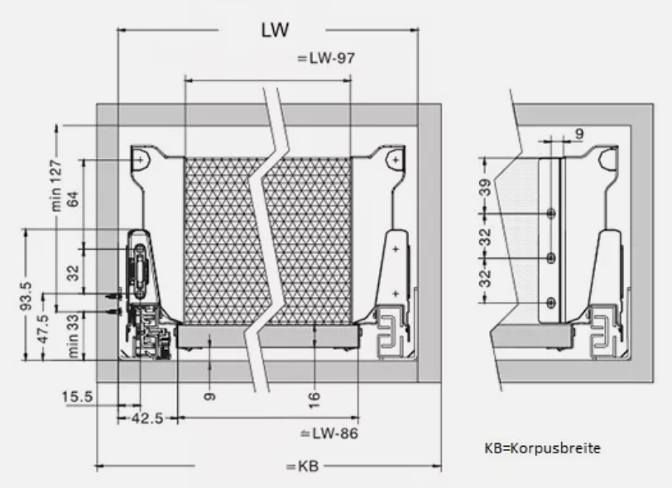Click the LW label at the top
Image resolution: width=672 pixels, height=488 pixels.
coord(274,31)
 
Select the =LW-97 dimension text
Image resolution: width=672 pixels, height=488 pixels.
coord(325,59)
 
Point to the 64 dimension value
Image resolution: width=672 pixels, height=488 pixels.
coord(72,198)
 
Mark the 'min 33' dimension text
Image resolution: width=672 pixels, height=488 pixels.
coord(72,333)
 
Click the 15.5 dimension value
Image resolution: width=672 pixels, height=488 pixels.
coord(76,397)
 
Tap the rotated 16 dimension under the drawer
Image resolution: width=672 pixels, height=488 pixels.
coord(314,399)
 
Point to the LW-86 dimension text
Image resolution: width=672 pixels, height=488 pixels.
coord(329,433)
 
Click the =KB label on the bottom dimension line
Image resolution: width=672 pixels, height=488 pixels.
coord(302,466)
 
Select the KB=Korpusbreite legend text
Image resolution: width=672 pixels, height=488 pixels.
coord(542,448)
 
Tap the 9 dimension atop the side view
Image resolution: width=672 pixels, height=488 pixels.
coord(578,132)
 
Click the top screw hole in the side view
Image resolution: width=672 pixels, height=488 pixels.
coord(551,213)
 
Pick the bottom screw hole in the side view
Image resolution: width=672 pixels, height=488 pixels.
coord(551,303)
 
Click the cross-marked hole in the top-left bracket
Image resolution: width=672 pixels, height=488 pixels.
coord(142,158)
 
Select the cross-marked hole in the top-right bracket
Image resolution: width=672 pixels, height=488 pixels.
coord(396,158)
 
